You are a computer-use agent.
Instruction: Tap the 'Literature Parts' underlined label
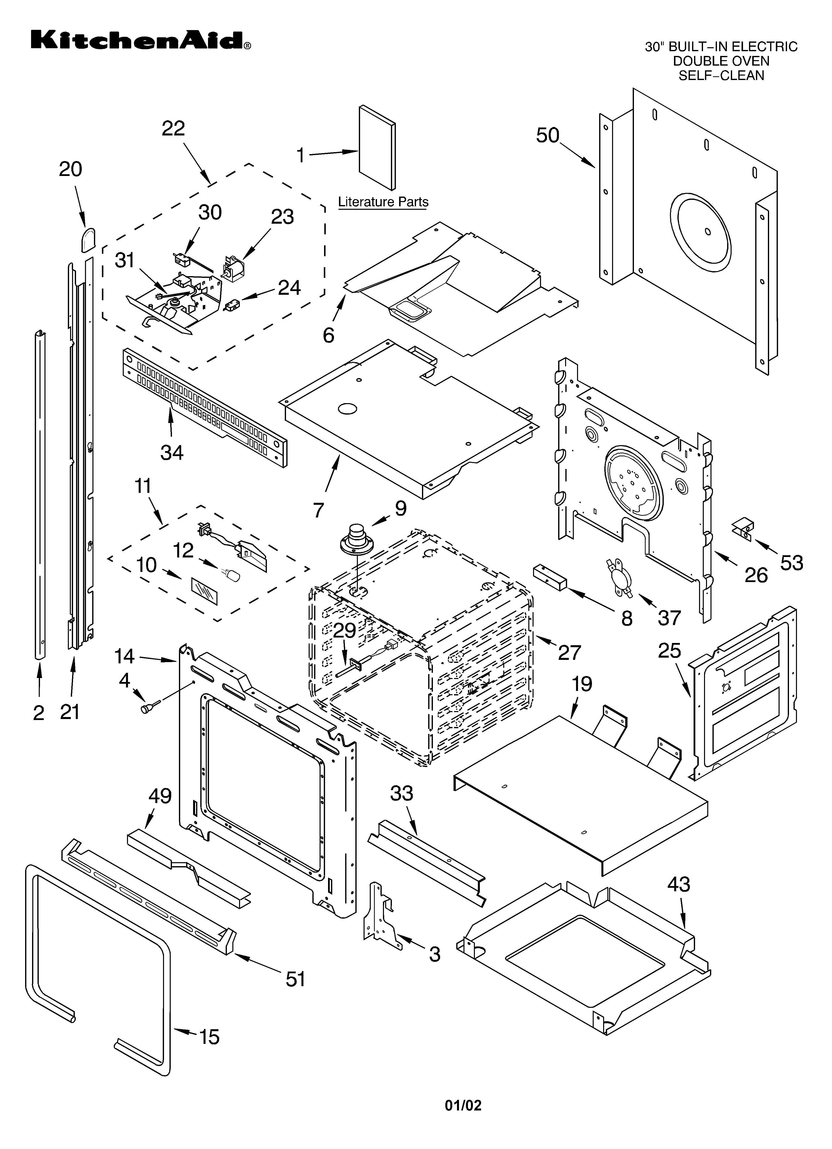pos(383,202)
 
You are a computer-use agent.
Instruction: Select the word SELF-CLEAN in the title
pos(721,76)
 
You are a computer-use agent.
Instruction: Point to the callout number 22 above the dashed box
pos(173,129)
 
